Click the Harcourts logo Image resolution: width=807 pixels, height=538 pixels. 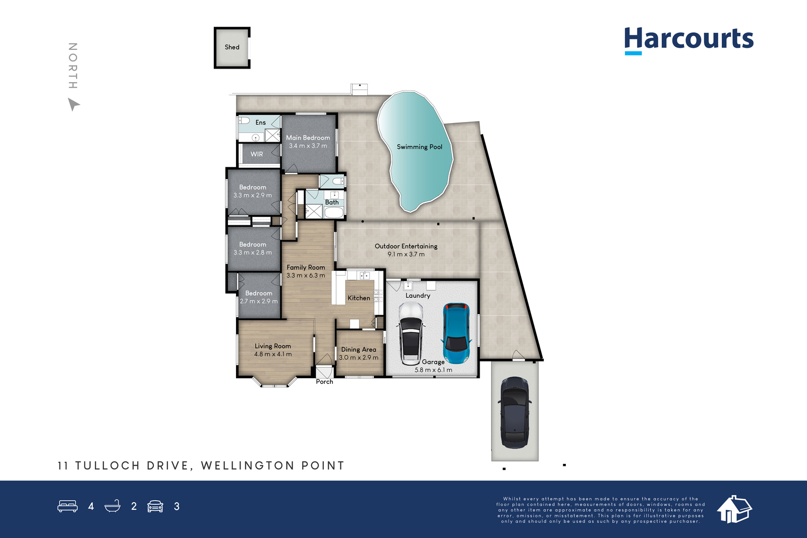(688, 41)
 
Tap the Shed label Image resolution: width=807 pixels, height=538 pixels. (232, 47)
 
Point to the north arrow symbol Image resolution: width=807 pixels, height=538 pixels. (74, 104)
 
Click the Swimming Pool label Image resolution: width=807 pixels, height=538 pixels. (419, 147)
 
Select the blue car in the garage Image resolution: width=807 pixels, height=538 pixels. (456, 333)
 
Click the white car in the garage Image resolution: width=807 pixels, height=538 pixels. (411, 333)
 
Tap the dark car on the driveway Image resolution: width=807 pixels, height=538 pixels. (515, 412)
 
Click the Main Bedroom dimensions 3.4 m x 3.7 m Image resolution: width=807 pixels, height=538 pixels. (308, 146)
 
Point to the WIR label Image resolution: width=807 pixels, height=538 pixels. (257, 154)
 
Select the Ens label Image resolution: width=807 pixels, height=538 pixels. (260, 123)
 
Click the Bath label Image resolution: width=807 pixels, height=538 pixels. (332, 202)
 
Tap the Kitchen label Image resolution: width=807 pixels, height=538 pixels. (359, 298)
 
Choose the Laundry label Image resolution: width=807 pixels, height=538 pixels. (418, 295)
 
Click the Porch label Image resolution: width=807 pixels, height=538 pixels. (324, 382)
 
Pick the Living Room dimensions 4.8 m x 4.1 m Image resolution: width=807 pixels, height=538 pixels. (273, 354)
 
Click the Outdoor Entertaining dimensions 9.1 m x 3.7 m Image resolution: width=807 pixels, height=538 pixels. (406, 254)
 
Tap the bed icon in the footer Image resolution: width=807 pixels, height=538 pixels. (68, 506)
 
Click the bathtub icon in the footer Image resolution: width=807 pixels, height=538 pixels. (112, 506)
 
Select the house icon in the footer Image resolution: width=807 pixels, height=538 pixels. (734, 509)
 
